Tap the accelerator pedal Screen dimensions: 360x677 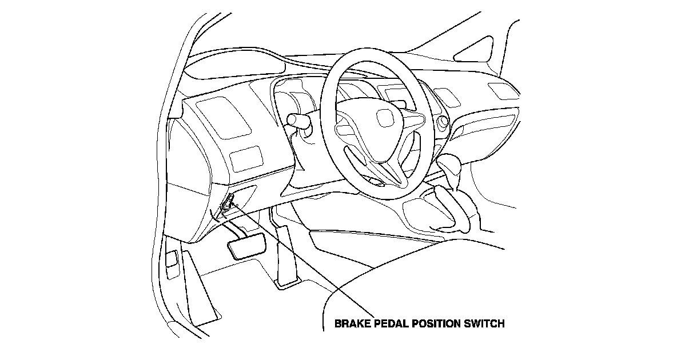click(284, 254)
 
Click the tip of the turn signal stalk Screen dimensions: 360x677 click(291, 119)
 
